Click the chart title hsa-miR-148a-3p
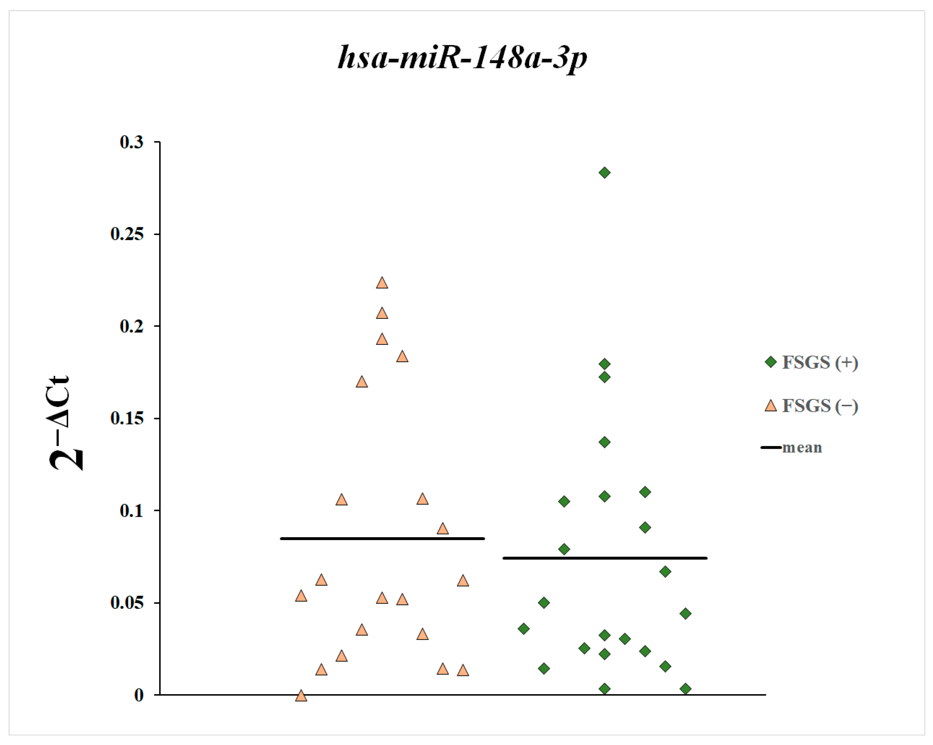462,58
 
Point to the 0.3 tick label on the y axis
131,142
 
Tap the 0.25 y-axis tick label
127,234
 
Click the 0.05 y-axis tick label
127,603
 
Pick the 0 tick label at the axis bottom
139,695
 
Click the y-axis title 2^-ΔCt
65,424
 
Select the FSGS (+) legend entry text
820,362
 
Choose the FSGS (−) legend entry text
820,406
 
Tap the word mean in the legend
802,447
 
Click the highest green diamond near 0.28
604,173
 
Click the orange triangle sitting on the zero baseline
301,696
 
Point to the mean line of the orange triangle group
383,539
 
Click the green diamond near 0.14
604,442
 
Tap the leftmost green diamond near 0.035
524,628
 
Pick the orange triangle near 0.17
362,382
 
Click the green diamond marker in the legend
771,362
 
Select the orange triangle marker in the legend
771,406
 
